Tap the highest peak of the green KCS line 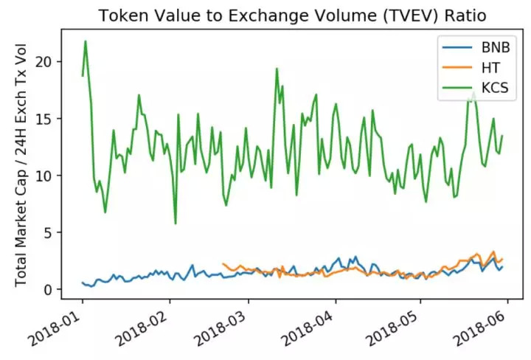click(x=86, y=41)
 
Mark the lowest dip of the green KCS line click(x=176, y=224)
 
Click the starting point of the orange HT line click(x=222, y=263)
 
